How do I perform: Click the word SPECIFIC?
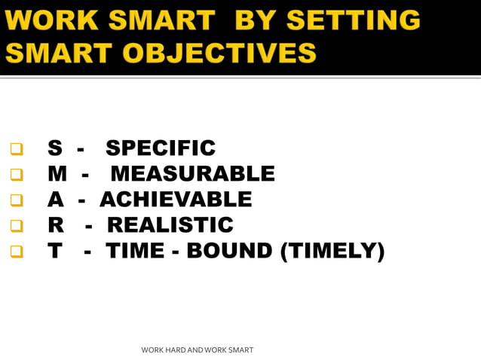[161, 148]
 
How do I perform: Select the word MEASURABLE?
[192, 174]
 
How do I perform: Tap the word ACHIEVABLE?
[176, 200]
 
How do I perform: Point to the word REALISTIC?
[170, 225]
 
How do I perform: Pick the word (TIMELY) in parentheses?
[332, 251]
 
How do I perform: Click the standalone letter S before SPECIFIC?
[54, 148]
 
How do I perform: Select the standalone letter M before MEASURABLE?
[57, 174]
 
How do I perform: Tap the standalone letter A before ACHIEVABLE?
[55, 200]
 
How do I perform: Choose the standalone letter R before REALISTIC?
[55, 225]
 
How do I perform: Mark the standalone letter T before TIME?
[54, 251]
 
